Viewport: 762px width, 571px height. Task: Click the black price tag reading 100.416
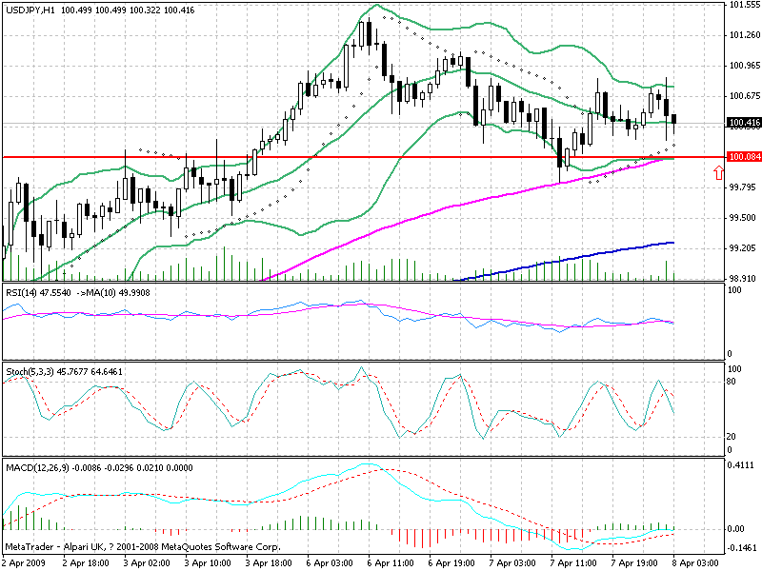tap(743, 123)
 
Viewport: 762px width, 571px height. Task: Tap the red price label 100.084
tap(743, 157)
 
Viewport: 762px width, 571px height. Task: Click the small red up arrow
tap(718, 172)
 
